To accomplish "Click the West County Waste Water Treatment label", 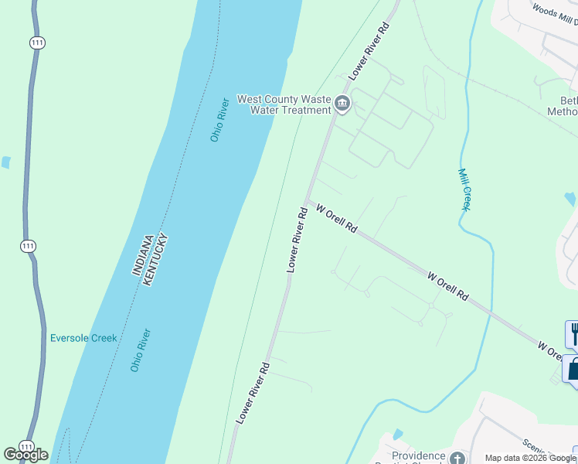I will [284, 104].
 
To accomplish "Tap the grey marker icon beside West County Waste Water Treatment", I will [342, 104].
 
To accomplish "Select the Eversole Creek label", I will [83, 338].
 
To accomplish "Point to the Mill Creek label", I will [465, 189].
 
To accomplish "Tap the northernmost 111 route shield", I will [36, 43].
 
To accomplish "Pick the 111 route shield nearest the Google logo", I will [27, 447].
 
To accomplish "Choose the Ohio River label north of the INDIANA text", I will [219, 120].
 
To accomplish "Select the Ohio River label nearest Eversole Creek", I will [140, 350].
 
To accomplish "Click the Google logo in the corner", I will [25, 455].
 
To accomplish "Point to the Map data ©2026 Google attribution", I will [530, 458].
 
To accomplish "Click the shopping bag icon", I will [573, 369].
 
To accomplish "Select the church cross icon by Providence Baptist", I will [457, 459].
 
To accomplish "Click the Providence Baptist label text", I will [419, 456].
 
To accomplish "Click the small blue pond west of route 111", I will [6, 162].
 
